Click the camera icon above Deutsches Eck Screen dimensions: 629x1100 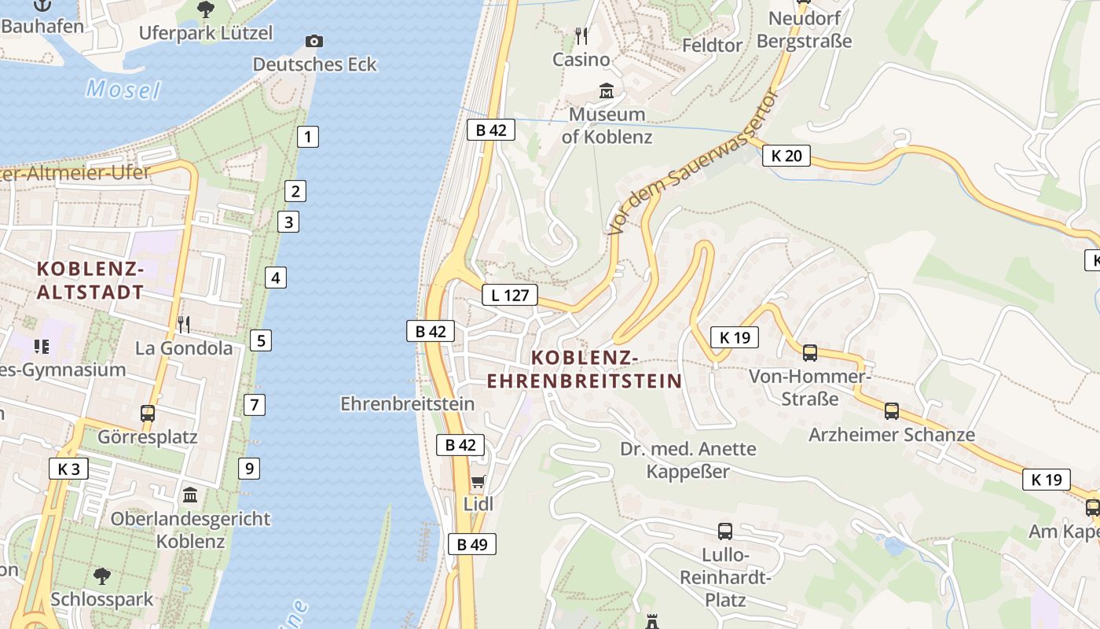pyautogui.click(x=313, y=41)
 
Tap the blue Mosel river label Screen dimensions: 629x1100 pyautogui.click(x=123, y=89)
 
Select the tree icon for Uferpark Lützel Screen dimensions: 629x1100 pyautogui.click(x=206, y=9)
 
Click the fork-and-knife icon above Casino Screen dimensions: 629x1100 pyautogui.click(x=581, y=36)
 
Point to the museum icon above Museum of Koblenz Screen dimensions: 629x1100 pyautogui.click(x=607, y=91)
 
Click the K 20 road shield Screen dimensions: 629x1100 pyautogui.click(x=786, y=156)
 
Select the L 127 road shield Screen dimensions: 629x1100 pyautogui.click(x=510, y=295)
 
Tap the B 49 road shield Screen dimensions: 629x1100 pyautogui.click(x=472, y=543)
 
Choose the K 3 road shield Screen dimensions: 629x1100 pyautogui.click(x=68, y=469)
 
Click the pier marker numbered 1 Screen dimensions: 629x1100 pyautogui.click(x=308, y=136)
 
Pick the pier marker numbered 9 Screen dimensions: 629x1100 pyautogui.click(x=249, y=469)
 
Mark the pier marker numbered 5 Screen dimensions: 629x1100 pyautogui.click(x=261, y=340)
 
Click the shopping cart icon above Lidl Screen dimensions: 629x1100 pyautogui.click(x=478, y=481)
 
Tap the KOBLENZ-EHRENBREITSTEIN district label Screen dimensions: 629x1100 pyautogui.click(x=585, y=370)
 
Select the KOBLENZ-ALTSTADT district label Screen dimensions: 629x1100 pyautogui.click(x=90, y=281)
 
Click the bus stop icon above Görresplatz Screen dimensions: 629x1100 pyautogui.click(x=147, y=413)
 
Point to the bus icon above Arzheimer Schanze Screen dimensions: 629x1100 pyautogui.click(x=891, y=410)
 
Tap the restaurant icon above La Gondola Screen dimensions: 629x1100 pyautogui.click(x=184, y=324)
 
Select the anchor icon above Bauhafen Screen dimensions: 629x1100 pyautogui.click(x=42, y=6)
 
